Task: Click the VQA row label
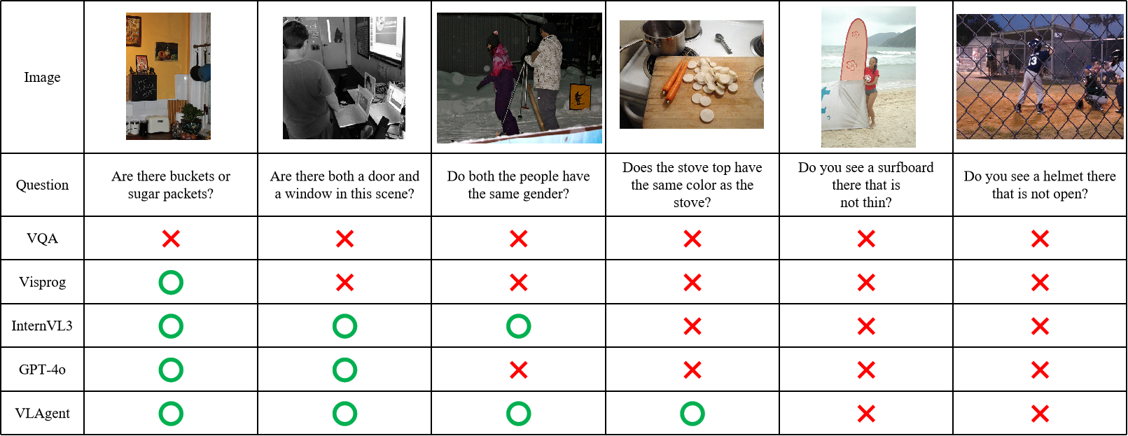pyautogui.click(x=42, y=238)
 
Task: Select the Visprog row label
pyautogui.click(x=42, y=282)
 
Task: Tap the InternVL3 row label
pyautogui.click(x=42, y=325)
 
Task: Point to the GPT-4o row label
pyautogui.click(x=42, y=370)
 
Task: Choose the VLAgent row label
pyautogui.click(x=42, y=414)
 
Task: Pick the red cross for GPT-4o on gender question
pyautogui.click(x=519, y=370)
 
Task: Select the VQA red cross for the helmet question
pyautogui.click(x=1040, y=239)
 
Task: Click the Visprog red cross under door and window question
pyautogui.click(x=345, y=283)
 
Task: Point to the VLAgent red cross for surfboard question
pyautogui.click(x=866, y=414)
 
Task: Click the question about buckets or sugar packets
pyautogui.click(x=171, y=185)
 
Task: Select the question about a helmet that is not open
pyautogui.click(x=1040, y=185)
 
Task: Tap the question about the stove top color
pyautogui.click(x=692, y=185)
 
